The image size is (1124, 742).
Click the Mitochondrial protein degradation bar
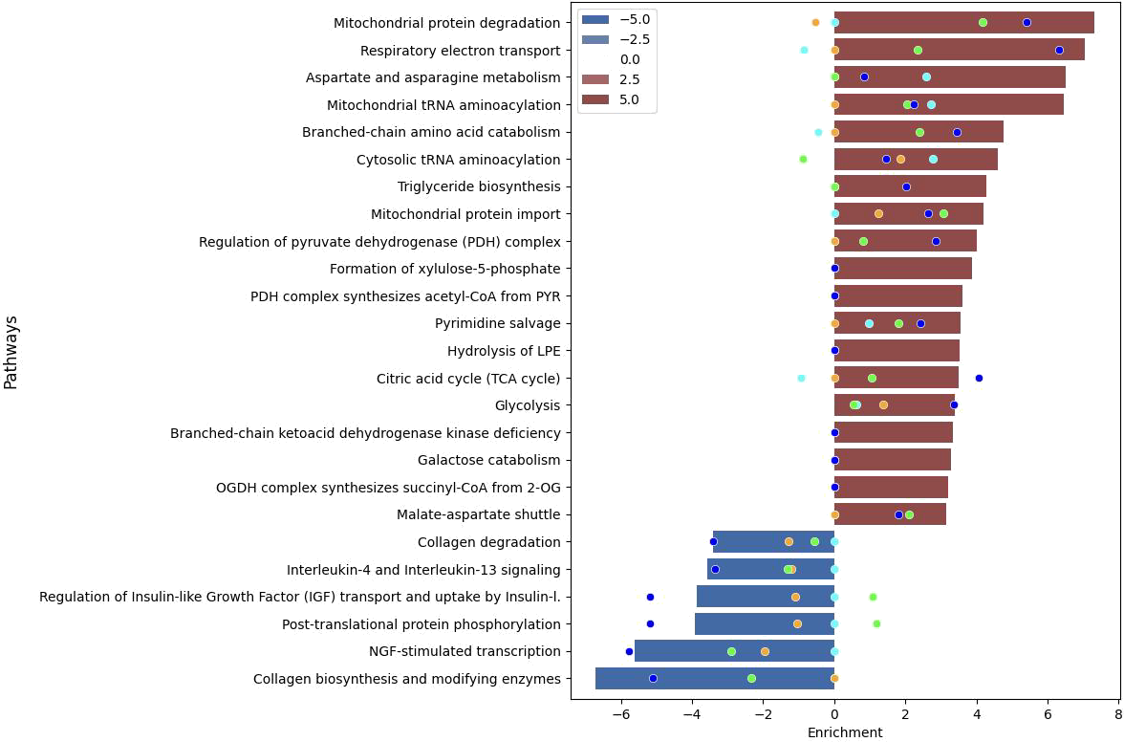point(963,23)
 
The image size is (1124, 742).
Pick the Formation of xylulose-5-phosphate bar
point(902,269)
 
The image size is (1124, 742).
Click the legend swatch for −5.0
point(596,19)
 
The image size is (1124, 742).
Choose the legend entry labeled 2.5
point(630,79)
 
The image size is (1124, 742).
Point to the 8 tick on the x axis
point(1118,714)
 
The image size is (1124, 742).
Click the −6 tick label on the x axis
point(621,714)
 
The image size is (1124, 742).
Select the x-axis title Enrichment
point(845,732)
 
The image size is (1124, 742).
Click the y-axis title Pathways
point(11,352)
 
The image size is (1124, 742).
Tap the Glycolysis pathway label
point(528,405)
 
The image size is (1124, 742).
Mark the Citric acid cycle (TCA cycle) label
point(468,379)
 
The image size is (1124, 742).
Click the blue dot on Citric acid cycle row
point(979,379)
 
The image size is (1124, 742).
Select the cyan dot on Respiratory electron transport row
point(804,50)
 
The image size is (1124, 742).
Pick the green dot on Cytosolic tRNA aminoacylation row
point(803,160)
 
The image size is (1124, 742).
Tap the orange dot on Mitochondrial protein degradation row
point(815,23)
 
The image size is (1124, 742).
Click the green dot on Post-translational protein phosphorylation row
point(876,624)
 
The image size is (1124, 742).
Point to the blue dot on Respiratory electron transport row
point(1059,50)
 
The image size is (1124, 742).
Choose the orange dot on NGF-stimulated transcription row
point(765,651)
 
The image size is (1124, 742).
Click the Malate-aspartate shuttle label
point(478,514)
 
